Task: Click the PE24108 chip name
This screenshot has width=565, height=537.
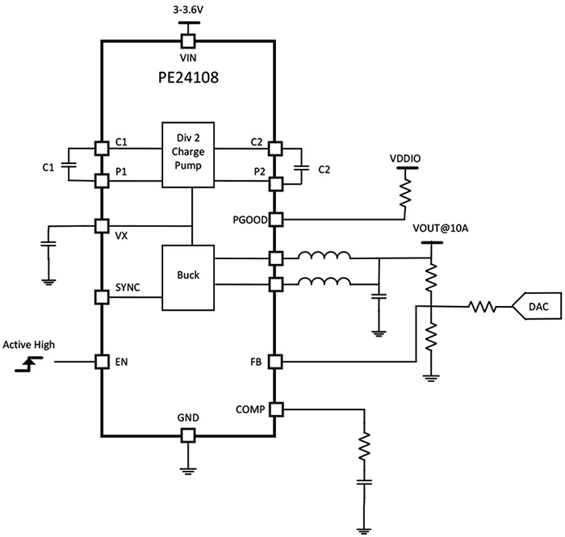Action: pyautogui.click(x=188, y=79)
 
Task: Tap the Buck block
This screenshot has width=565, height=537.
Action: pyautogui.click(x=189, y=275)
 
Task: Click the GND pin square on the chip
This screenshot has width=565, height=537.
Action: pyautogui.click(x=187, y=435)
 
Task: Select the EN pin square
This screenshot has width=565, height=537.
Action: pyautogui.click(x=102, y=361)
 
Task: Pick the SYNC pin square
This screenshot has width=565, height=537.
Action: pyautogui.click(x=102, y=296)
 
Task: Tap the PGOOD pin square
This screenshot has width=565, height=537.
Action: pyautogui.click(x=275, y=219)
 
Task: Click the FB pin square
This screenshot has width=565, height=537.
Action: pyautogui.click(x=275, y=361)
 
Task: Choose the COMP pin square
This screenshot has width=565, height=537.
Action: pyautogui.click(x=275, y=409)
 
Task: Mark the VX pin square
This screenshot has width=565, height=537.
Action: pyautogui.click(x=102, y=225)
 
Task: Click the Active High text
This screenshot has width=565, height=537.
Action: pyautogui.click(x=28, y=345)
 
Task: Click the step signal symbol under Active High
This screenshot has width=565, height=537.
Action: pyautogui.click(x=28, y=366)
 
